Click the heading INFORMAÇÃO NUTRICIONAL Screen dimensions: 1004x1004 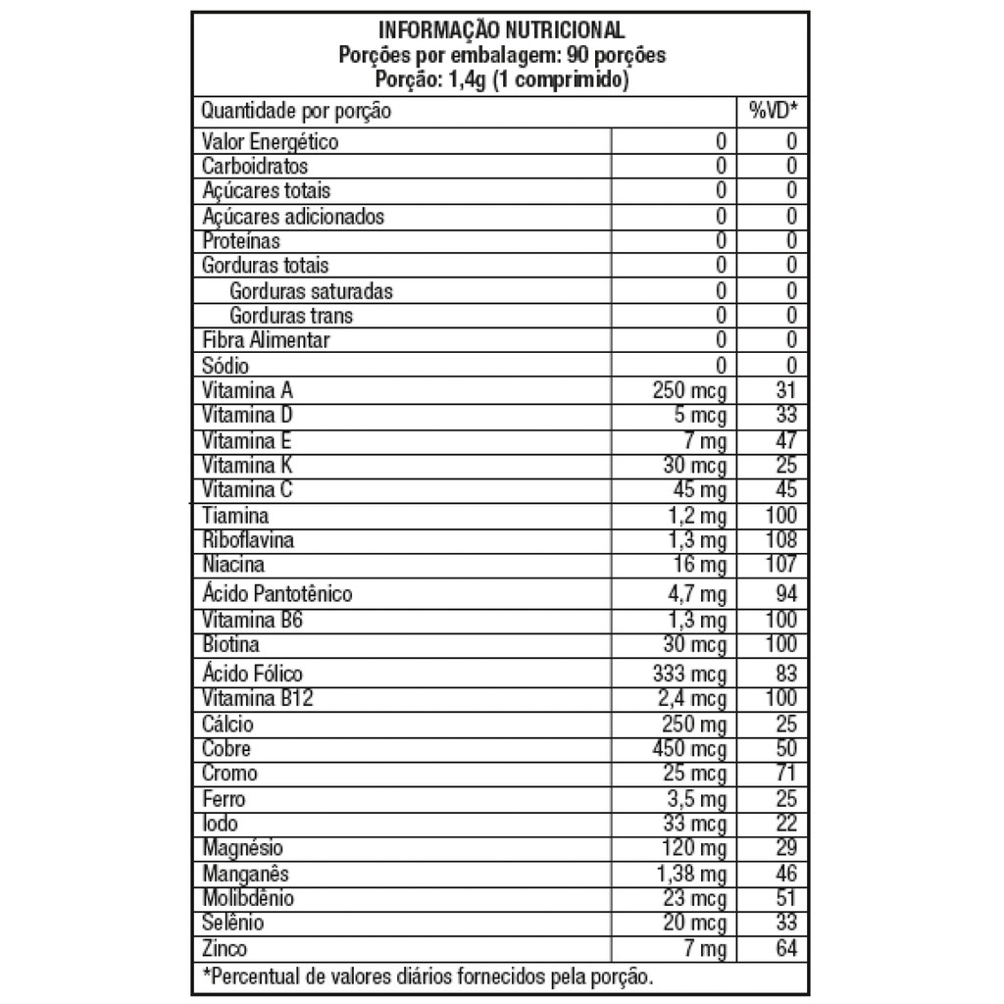(501, 30)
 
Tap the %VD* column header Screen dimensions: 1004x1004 (773, 111)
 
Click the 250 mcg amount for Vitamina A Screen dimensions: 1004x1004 (689, 390)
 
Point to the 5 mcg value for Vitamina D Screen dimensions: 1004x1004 (700, 415)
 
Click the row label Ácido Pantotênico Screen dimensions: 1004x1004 (276, 594)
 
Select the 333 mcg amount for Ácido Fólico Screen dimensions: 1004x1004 (689, 674)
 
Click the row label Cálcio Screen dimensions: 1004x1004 (227, 725)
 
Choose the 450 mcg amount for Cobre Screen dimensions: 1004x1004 (689, 749)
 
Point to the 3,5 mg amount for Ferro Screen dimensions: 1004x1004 (697, 799)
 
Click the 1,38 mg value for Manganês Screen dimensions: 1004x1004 (692, 874)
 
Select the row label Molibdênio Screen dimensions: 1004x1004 (247, 898)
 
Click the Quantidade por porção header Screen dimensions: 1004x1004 (296, 111)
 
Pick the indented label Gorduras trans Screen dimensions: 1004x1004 (291, 316)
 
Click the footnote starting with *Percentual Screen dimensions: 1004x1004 (427, 977)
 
